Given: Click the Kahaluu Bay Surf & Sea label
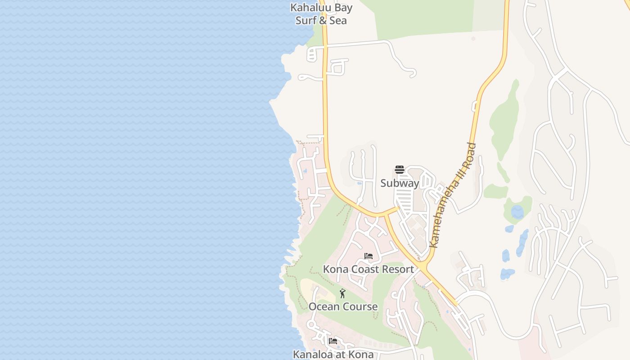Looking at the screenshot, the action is pos(321,14).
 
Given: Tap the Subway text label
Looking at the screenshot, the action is pos(400,183).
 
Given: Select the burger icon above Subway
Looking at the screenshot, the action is pos(400,170).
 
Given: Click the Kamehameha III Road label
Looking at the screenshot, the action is pos(452,195).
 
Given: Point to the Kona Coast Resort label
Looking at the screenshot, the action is pos(368,270).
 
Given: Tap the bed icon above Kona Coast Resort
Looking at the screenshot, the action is pos(369,256).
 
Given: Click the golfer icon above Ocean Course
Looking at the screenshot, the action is pos(342,293).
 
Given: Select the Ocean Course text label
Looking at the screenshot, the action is pos(343,307).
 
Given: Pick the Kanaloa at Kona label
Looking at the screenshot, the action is pos(333,355).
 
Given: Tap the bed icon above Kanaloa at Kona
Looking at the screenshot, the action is pos(333,341).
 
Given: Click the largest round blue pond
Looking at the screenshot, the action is pos(517,212).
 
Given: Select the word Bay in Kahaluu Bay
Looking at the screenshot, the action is pos(344,8).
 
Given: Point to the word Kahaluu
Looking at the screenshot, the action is pos(311,8).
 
